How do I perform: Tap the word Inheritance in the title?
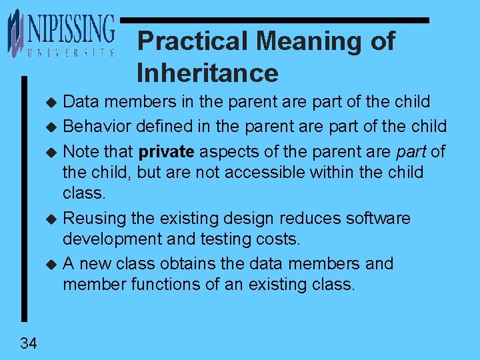(x=207, y=72)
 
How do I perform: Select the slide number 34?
(x=29, y=343)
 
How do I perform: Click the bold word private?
(x=167, y=151)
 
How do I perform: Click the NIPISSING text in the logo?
(x=71, y=29)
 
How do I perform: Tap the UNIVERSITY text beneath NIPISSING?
(x=71, y=53)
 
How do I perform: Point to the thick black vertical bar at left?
(x=25, y=200)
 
